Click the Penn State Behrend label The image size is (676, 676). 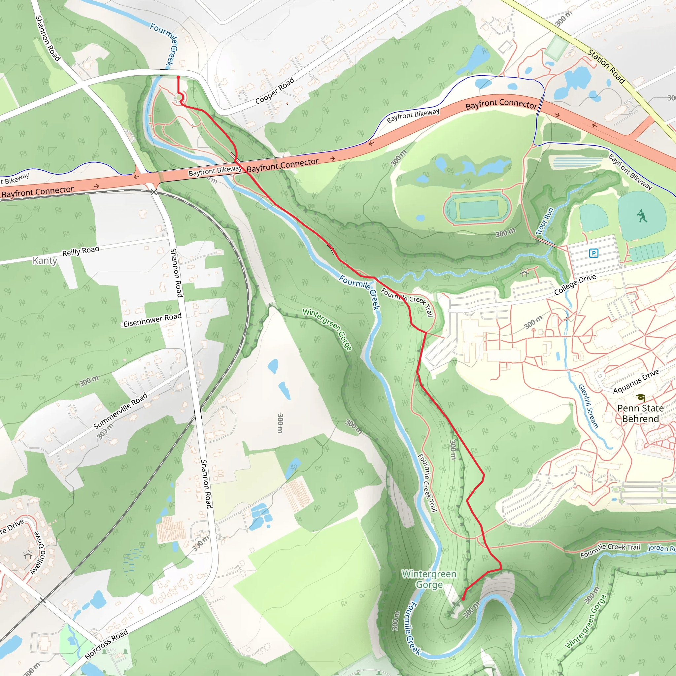click(x=640, y=414)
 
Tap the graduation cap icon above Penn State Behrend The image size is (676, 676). click(x=641, y=397)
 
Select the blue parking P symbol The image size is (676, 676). click(x=593, y=253)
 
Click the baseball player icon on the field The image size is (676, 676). click(x=642, y=216)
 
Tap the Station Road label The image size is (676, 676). click(x=606, y=66)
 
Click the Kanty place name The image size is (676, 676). click(x=45, y=260)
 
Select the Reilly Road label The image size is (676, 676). click(x=81, y=251)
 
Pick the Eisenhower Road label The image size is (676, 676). click(x=152, y=320)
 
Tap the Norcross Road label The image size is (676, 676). click(x=106, y=645)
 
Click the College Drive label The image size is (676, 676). click(x=575, y=284)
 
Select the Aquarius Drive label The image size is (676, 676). click(x=636, y=381)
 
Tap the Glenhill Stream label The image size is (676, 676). click(x=588, y=406)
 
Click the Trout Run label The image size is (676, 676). click(x=545, y=221)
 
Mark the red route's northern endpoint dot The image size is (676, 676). click(x=179, y=77)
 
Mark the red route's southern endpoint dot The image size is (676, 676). click(x=463, y=599)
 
